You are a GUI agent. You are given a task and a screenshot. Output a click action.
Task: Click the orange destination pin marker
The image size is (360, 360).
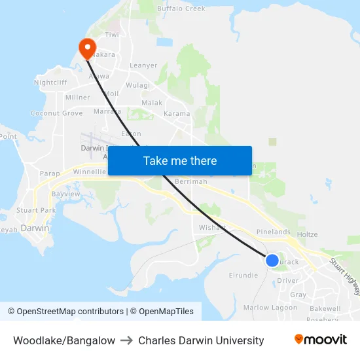tap(86, 47)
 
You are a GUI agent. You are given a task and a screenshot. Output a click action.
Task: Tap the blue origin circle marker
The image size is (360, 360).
tap(272, 261)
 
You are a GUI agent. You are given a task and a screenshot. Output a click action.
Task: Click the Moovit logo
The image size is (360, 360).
tap(321, 340)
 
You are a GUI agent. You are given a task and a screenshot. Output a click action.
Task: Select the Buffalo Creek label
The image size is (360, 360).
tap(182, 9)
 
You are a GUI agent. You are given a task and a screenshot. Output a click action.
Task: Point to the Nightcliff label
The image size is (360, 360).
tap(50, 83)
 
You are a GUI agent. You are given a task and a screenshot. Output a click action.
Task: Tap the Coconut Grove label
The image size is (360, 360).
tap(57, 113)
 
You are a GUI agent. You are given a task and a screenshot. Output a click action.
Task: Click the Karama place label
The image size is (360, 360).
tap(176, 114)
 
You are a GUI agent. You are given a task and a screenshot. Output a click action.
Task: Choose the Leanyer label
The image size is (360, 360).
tap(143, 65)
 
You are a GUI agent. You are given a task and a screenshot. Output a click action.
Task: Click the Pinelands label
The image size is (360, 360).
tap(273, 232)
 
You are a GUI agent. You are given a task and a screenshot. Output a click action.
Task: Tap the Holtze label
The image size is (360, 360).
tap(307, 234)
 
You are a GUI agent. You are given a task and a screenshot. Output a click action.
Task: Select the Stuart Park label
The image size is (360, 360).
tap(36, 211)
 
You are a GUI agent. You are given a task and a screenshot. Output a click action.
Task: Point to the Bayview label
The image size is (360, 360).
tap(65, 194)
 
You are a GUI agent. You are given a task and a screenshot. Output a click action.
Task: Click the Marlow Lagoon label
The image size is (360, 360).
tap(270, 308)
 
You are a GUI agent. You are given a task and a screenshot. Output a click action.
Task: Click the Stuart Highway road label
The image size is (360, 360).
tap(344, 276)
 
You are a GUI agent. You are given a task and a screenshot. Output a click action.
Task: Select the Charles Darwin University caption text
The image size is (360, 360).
tap(201, 340)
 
